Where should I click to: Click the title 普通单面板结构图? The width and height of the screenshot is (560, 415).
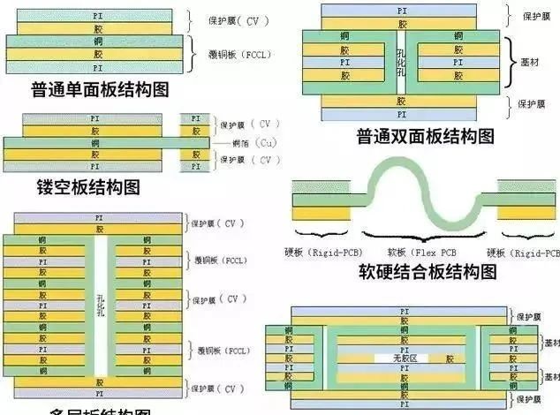[x=99, y=90]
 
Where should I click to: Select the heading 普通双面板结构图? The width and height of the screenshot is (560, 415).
[x=424, y=137]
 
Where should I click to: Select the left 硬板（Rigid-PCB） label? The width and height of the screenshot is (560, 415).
[x=323, y=253]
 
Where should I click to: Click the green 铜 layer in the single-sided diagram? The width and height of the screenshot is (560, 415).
[x=96, y=41]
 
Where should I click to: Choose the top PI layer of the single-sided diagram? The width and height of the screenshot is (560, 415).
[x=96, y=16]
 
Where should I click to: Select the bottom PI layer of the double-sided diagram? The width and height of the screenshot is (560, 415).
[x=402, y=115]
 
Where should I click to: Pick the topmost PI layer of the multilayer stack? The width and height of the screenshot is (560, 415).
[x=98, y=217]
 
